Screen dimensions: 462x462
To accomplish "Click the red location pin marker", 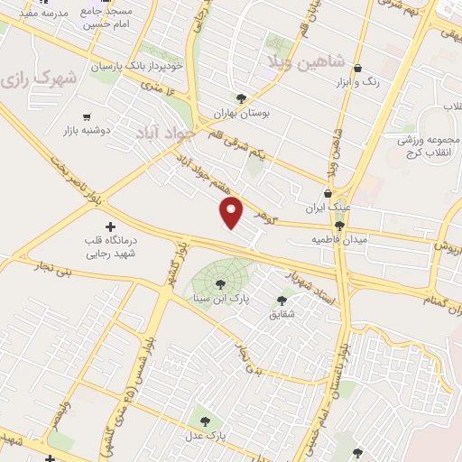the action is (x=233, y=213).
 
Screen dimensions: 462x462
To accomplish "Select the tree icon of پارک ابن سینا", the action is (x=221, y=284).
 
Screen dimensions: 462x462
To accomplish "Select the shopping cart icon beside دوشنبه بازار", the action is (x=87, y=116).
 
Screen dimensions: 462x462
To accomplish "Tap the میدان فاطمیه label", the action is (x=339, y=240).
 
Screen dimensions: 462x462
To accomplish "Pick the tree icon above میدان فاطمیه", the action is (x=339, y=226).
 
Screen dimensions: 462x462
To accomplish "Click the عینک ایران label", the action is (x=327, y=208).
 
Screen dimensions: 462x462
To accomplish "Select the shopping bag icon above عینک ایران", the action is (x=327, y=193).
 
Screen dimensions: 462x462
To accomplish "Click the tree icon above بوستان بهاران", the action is (x=240, y=98).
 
